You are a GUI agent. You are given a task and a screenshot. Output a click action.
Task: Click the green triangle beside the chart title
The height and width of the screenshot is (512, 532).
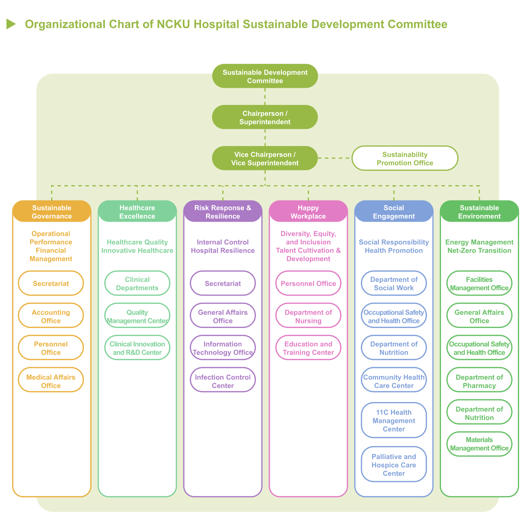pos(11,24)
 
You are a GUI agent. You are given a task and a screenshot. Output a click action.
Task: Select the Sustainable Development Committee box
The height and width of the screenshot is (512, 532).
pos(265,76)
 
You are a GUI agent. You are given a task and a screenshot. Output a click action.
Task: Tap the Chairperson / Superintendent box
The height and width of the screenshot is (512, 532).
pos(265,117)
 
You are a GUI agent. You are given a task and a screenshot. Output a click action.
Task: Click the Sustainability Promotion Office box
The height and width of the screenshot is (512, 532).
pos(404,158)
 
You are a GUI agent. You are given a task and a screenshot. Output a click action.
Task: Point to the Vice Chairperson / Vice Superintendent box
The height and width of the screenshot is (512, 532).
pos(265,158)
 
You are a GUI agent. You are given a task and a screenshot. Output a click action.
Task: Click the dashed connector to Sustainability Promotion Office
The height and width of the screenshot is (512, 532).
pos(335,158)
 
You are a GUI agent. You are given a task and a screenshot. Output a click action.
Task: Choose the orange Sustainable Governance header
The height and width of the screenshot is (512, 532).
pos(52,211)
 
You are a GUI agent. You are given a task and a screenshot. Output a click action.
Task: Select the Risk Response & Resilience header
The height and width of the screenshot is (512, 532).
pos(222,211)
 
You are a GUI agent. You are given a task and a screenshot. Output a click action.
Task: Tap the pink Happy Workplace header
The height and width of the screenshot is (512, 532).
pos(308,211)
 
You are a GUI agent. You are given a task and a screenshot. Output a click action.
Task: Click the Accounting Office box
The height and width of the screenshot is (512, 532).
pos(51,315)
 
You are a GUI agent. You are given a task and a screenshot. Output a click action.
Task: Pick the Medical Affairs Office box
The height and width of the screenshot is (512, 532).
pos(51,380)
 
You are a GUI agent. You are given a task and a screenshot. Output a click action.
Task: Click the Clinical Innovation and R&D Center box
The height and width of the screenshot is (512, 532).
pos(137,348)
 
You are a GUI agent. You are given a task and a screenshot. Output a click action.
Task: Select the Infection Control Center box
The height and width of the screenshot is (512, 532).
pos(223,380)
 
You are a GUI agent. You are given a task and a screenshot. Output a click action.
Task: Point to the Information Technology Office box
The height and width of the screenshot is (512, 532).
pos(223,348)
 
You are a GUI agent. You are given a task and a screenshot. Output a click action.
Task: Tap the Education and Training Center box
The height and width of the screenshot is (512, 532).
pos(308,348)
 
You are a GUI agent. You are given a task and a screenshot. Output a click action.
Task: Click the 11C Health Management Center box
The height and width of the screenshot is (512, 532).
pos(394,420)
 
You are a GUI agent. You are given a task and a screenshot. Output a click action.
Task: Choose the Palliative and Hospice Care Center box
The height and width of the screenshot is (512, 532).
pos(394,464)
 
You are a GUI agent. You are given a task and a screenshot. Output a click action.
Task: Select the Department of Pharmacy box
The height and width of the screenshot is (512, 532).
pos(479,380)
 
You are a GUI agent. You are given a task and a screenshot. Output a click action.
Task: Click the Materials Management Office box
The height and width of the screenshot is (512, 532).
pos(479,444)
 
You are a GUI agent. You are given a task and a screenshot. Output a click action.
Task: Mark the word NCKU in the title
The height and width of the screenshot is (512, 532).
pos(173,24)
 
